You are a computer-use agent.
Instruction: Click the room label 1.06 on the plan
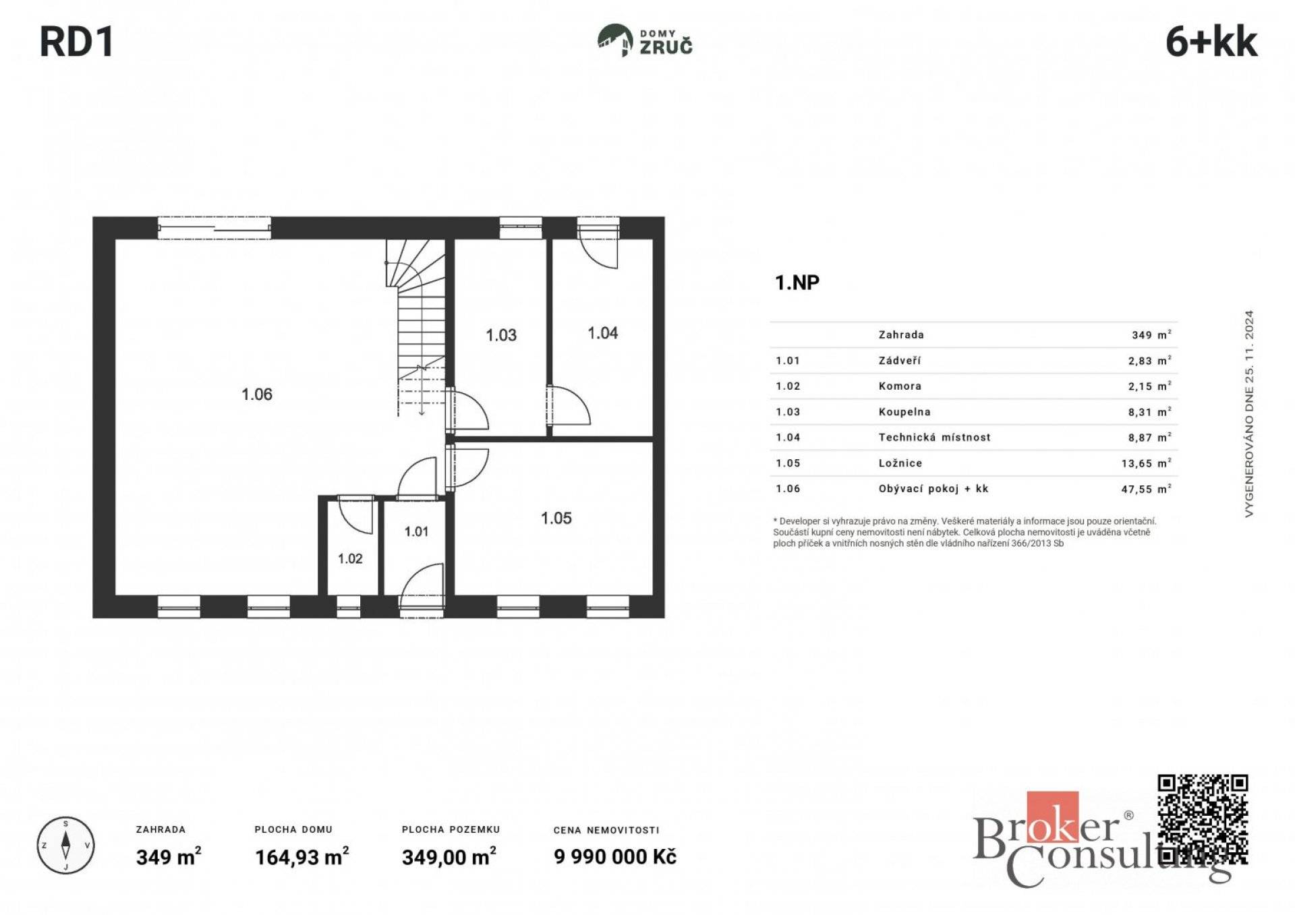[x=257, y=394]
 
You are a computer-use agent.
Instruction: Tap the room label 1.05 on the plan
[x=556, y=519]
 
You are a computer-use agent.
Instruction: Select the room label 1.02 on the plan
[x=350, y=559]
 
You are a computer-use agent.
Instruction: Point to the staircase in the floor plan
[x=415, y=328]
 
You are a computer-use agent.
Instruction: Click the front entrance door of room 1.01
[x=422, y=591]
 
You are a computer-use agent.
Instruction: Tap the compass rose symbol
[x=65, y=846]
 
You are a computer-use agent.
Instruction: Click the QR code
[x=1203, y=820]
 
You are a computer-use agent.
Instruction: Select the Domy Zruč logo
[x=645, y=40]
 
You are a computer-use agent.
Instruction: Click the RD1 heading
[x=77, y=42]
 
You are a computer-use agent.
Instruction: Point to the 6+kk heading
[x=1211, y=42]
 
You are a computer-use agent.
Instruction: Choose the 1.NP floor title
[x=797, y=283]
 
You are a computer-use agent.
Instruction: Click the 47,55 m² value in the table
[x=1146, y=489]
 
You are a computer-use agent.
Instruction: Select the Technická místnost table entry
[x=934, y=438]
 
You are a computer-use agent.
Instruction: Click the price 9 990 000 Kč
[x=615, y=857]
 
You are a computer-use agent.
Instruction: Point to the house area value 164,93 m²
[x=302, y=857]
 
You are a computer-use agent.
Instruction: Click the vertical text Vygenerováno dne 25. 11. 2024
[x=1249, y=414]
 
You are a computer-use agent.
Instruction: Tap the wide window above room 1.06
[x=214, y=228]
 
